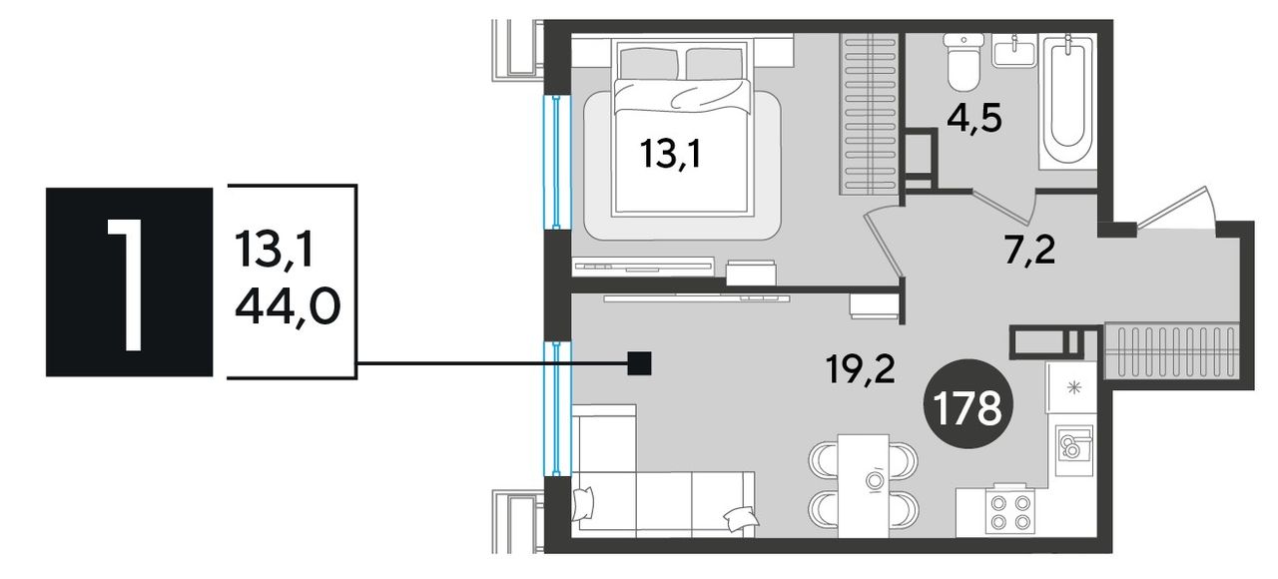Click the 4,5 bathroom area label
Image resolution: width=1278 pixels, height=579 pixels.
pos(973,120)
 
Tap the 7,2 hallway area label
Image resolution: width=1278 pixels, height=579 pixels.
pos(1030,251)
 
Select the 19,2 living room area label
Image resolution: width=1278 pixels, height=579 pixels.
pos(861,369)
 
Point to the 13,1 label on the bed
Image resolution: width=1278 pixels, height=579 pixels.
pos(670,155)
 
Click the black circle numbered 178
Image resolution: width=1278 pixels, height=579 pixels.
pos(968,403)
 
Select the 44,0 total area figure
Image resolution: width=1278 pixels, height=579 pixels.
pos(288,306)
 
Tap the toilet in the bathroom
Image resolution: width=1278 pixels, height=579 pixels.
pos(963,62)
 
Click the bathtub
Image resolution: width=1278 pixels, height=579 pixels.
pos(1067,102)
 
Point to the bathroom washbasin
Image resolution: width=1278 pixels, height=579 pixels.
pos(1015,50)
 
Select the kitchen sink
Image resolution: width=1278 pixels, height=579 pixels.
pos(1073,449)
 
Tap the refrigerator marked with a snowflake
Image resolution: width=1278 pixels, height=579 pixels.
pos(1071,387)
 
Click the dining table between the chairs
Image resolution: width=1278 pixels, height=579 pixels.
pos(864,485)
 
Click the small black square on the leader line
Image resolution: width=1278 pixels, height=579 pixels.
pos(639,363)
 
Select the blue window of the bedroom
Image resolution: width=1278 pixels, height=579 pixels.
pos(556,162)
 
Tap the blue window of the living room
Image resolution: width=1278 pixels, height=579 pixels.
pos(556,408)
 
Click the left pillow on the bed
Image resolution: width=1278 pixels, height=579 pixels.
pos(649,64)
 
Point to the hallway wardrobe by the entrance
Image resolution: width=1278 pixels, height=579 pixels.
pos(1172,350)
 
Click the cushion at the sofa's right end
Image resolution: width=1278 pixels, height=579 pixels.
pos(741,519)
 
